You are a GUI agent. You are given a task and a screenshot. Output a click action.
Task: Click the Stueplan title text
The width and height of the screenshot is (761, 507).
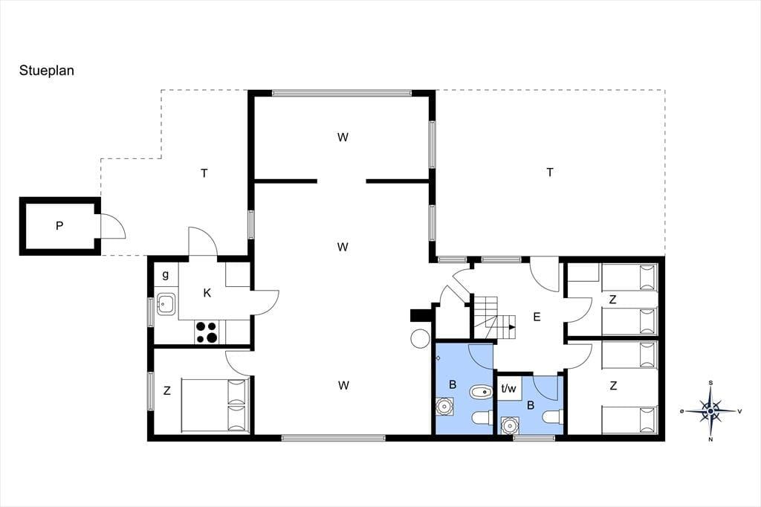coord(47,71)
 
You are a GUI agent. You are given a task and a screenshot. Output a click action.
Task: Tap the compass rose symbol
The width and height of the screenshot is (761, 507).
coord(710,411)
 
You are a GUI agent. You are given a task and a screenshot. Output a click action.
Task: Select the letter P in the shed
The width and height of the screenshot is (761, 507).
coord(59,226)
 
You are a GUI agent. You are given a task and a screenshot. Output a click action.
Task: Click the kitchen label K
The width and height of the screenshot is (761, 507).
coord(207,294)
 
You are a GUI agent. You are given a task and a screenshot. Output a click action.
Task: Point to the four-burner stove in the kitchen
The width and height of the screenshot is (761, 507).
coord(207,332)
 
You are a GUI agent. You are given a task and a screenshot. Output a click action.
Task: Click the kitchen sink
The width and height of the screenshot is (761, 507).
coord(166,305)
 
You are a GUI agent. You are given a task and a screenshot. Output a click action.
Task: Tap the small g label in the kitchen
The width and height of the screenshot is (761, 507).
coord(166,275)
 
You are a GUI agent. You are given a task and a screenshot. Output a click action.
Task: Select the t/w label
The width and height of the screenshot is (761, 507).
coord(508,389)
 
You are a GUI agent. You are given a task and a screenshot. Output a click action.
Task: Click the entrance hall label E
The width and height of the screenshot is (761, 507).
coord(537,317)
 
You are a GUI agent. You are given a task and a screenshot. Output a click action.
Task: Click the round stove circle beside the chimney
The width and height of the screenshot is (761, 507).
coord(419,338)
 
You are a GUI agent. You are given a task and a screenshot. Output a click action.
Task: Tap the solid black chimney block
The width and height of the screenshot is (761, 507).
coord(420,316)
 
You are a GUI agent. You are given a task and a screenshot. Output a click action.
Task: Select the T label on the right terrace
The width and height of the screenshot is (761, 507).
coord(550,172)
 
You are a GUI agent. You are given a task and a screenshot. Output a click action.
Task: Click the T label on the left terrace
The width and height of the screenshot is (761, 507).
coord(204,173)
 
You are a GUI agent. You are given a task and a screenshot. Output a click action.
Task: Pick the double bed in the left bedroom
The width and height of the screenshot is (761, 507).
coord(215,405)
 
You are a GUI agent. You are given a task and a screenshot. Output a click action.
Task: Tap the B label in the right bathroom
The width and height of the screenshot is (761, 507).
coord(531,405)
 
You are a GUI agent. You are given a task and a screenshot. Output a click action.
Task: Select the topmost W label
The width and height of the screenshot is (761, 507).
coord(343,138)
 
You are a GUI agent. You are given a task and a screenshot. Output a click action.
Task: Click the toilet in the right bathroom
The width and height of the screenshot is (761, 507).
coord(554,417)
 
